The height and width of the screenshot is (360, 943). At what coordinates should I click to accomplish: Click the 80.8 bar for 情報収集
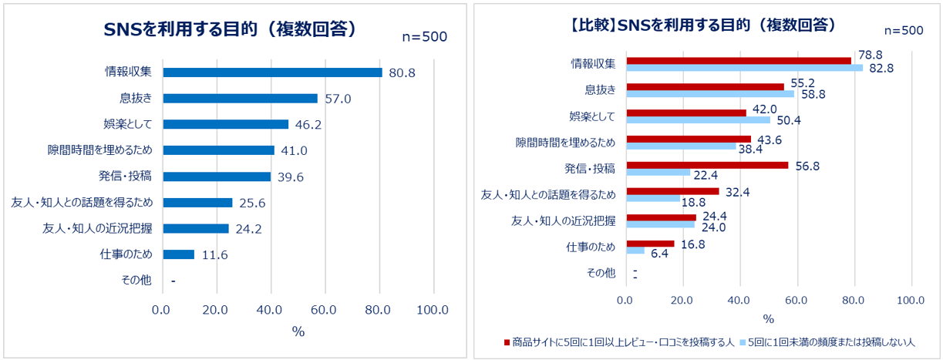(x=272, y=72)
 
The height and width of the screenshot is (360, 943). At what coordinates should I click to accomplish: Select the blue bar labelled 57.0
(x=241, y=99)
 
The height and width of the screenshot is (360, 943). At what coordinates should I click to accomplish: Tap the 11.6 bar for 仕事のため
(x=179, y=254)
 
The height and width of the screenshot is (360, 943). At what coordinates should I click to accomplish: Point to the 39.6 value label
(x=291, y=177)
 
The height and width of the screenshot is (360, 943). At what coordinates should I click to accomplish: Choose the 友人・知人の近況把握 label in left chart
(x=97, y=228)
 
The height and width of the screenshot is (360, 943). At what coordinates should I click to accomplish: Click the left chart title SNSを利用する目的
(x=229, y=29)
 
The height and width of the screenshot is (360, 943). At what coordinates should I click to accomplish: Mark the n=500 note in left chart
(x=425, y=36)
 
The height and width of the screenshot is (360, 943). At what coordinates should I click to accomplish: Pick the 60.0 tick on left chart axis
(x=325, y=310)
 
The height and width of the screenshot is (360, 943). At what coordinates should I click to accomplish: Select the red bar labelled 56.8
(x=707, y=165)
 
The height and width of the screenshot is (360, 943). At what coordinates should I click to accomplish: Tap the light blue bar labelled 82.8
(x=744, y=68)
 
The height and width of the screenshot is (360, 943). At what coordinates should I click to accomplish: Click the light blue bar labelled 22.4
(x=658, y=172)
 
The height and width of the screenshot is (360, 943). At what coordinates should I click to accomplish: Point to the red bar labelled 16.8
(x=650, y=244)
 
